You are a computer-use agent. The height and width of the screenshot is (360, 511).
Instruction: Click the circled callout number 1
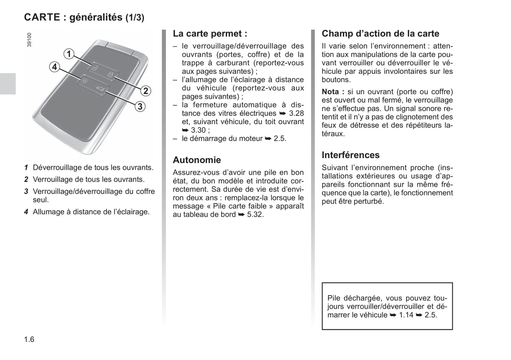69,54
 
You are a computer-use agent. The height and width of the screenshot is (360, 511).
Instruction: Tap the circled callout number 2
146,91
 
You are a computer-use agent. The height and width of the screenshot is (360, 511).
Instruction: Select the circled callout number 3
140,106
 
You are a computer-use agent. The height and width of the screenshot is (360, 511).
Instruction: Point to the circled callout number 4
54,67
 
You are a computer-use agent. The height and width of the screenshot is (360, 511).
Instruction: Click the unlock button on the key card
94,67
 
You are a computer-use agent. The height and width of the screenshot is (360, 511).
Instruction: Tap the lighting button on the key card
84,81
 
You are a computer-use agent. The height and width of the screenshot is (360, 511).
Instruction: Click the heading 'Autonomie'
197,160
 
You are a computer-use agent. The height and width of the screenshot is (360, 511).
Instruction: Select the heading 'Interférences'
350,155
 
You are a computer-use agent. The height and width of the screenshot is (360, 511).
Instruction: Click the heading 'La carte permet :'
210,34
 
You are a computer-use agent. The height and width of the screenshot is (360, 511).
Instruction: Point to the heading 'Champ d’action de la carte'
380,34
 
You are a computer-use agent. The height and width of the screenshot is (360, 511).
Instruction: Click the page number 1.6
29,340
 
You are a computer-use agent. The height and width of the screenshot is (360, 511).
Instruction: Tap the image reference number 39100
29,40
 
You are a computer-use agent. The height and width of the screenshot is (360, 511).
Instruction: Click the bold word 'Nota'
331,92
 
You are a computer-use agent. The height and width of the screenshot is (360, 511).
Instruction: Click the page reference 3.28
296,113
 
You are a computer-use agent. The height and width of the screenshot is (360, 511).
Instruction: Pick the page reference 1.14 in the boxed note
406,315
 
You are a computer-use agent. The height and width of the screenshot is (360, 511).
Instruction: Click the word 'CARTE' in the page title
42,17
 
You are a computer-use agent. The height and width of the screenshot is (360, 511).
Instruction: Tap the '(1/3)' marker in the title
135,18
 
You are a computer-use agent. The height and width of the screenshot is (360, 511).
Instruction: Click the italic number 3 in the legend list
26,191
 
